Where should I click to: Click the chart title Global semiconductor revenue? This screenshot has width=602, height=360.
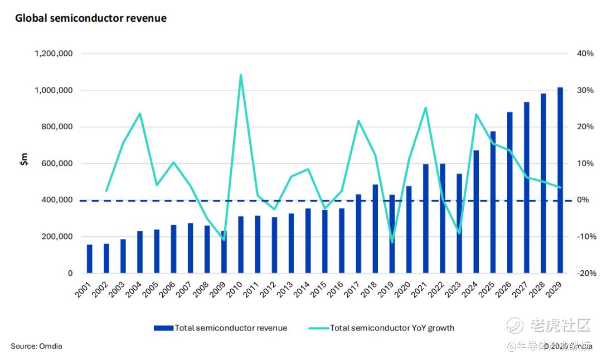[x=91, y=18]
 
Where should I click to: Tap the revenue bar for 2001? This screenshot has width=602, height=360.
[x=90, y=259]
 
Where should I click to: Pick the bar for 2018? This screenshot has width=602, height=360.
[x=375, y=228]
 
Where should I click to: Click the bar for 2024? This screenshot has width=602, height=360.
[x=476, y=212]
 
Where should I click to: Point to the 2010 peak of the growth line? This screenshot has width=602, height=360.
[x=240, y=75]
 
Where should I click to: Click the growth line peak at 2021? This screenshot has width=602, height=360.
[x=426, y=108]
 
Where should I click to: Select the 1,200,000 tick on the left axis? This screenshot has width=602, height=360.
[x=54, y=54]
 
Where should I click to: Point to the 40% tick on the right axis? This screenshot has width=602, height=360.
[x=586, y=54]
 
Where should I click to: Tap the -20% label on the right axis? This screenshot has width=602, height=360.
[x=585, y=274]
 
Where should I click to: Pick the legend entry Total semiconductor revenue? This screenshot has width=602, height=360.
[x=221, y=328]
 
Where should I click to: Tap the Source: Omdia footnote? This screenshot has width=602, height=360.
[x=36, y=347]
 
